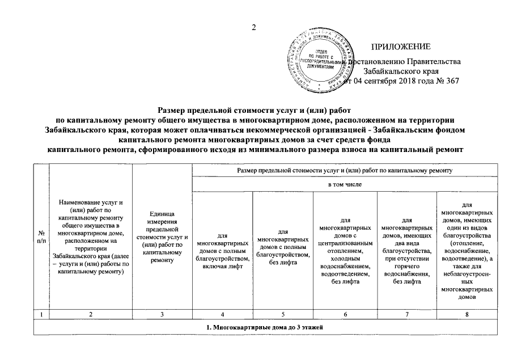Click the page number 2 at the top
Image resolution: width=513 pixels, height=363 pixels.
tap(255, 28)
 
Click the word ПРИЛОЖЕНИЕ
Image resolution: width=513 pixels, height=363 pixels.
tap(401, 46)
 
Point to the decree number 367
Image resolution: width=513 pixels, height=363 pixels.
tap(451, 81)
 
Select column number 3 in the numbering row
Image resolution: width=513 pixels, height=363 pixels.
tap(162, 314)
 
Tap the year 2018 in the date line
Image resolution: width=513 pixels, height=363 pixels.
tap(407, 81)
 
